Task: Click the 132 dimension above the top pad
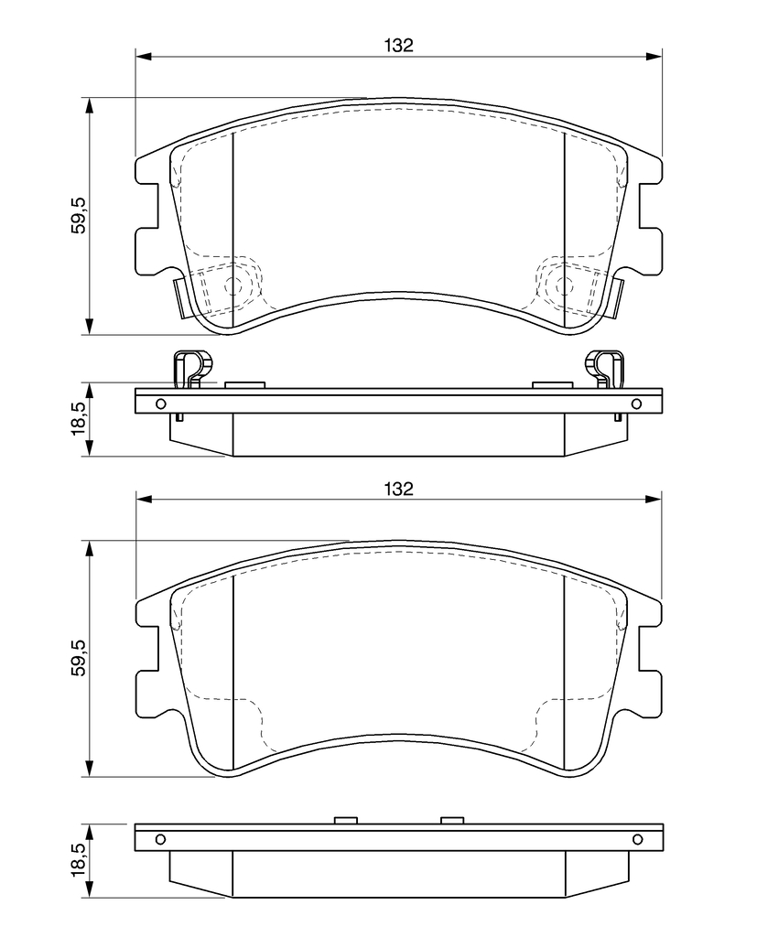(x=399, y=45)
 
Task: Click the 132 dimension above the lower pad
(x=399, y=489)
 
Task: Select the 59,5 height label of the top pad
(x=80, y=215)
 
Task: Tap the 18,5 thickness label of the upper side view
(x=80, y=419)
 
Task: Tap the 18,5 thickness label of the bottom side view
(x=80, y=860)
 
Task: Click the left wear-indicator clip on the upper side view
(x=192, y=370)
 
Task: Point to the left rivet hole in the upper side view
(x=160, y=404)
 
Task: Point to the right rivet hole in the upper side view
(x=636, y=404)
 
